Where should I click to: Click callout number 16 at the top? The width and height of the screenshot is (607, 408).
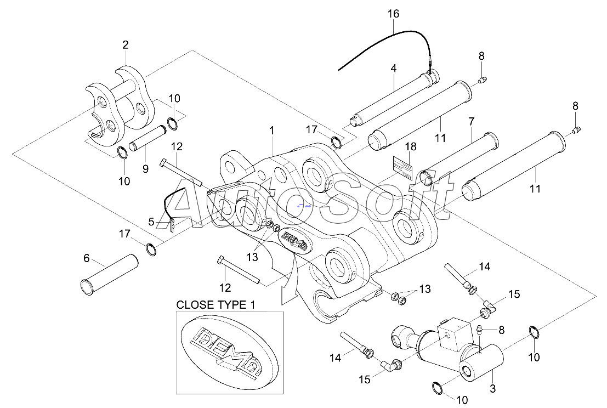[393, 14]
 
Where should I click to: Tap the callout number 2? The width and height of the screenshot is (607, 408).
[126, 44]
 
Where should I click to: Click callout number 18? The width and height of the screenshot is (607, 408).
[411, 147]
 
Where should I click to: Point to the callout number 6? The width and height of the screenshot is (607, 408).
[152, 222]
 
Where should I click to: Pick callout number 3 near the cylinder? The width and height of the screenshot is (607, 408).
[86, 258]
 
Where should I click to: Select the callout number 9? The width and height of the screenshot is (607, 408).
[145, 169]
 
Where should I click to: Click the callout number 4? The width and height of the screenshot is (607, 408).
[393, 70]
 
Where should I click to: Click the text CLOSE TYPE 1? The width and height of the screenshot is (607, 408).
[215, 304]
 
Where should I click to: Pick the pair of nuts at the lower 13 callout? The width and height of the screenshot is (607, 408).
[398, 298]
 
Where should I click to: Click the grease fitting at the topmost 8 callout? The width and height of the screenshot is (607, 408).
[483, 81]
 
